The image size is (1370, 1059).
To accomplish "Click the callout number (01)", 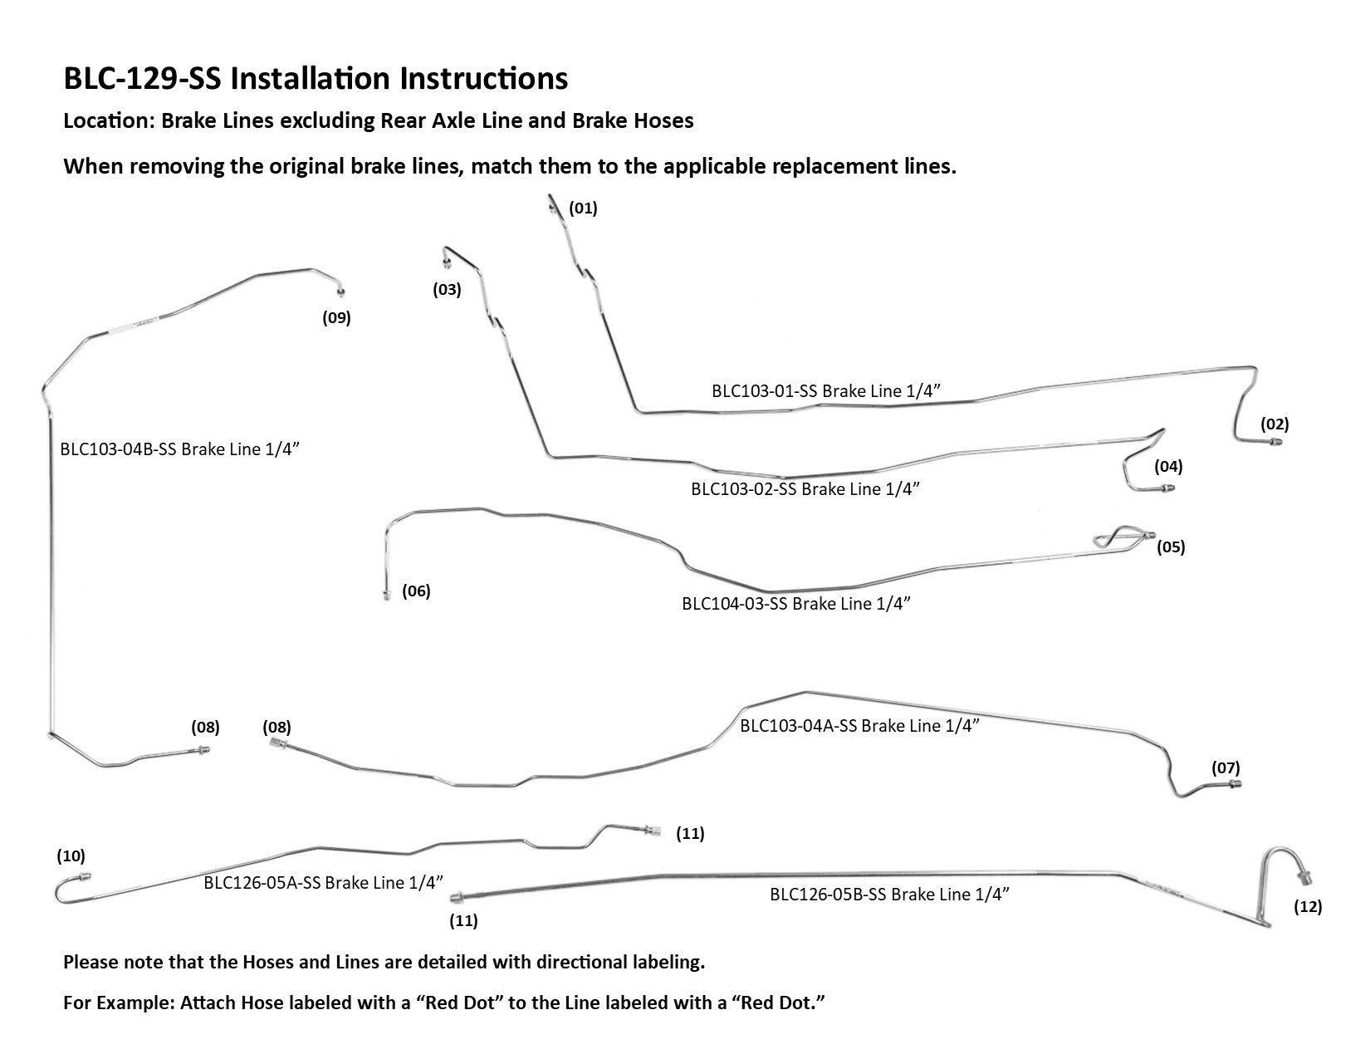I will coord(583,208).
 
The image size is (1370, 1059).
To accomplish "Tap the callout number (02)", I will coord(1275,424).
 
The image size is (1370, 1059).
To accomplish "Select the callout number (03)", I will coord(447,290).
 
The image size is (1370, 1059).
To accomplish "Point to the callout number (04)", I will coord(1168,467).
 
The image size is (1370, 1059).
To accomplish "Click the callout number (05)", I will coord(1171,547).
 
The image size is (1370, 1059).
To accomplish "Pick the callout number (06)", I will coord(416,591).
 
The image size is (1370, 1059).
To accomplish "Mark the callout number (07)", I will coord(1226,768).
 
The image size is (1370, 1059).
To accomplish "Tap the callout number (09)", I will coord(337,317).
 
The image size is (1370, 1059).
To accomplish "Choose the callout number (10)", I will coord(71,856).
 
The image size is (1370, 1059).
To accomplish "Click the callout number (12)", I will coord(1308,907).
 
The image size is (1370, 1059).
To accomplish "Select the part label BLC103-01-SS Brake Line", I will coord(825,391).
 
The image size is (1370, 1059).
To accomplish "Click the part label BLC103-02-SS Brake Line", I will coord(805,489).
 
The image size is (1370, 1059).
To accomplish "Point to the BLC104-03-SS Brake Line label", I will coord(796,604).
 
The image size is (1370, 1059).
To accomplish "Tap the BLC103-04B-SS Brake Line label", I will coord(179,449).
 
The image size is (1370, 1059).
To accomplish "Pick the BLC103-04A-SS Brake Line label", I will coord(859,726).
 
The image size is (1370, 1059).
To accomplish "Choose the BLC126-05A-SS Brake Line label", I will coord(323,883).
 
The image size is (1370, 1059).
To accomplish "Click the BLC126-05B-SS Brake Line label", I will coord(889,895).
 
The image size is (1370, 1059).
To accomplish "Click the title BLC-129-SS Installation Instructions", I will coord(316,79).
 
